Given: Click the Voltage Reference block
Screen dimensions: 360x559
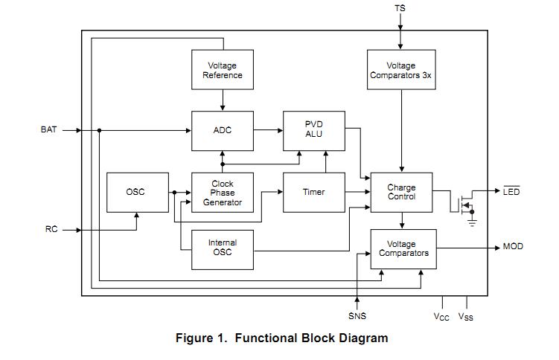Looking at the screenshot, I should [x=223, y=70].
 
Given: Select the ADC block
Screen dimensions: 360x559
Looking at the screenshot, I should [x=223, y=130].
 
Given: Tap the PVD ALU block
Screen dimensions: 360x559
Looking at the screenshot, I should [x=314, y=129].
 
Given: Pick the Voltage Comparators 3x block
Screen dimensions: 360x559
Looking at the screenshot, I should [x=401, y=70].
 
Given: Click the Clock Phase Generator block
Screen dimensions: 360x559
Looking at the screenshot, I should [x=223, y=193].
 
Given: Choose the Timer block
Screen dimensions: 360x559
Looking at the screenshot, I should [x=314, y=192].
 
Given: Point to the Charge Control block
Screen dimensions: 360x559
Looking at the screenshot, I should [x=401, y=192].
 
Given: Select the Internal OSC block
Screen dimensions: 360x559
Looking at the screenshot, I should [x=223, y=248].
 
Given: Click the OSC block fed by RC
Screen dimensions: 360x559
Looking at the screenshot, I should [x=135, y=192].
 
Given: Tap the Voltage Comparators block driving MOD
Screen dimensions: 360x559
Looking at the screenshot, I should [x=403, y=248].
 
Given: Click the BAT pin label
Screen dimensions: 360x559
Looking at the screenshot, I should [x=48, y=129].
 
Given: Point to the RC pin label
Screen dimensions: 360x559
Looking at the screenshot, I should [x=51, y=230].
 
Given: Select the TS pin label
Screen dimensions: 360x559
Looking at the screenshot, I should [x=400, y=8].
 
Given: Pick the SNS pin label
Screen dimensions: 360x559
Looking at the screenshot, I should [x=357, y=316].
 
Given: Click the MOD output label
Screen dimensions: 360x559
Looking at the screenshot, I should [x=513, y=247].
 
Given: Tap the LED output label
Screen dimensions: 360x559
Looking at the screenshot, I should [x=511, y=192].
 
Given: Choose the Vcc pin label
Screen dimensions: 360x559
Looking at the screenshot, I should [x=442, y=317].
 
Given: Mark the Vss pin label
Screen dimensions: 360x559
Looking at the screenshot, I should [x=466, y=317].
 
